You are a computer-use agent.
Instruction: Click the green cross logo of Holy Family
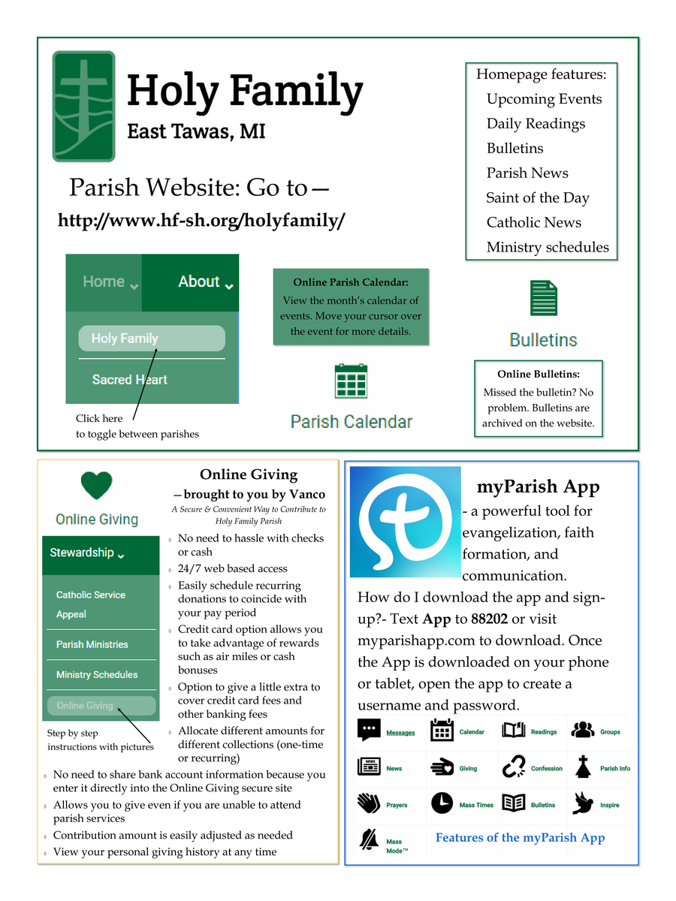pos(83,106)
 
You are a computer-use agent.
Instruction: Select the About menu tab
pos(204,282)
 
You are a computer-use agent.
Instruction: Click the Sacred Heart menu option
pos(130,380)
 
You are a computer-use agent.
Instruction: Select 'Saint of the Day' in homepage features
pos(537,198)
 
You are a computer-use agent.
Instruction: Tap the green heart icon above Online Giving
pos(97,486)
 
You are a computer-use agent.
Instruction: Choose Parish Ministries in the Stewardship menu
pos(92,644)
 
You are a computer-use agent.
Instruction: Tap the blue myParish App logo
pos(406,521)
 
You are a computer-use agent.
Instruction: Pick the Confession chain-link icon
pos(515,767)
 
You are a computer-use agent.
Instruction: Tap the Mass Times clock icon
pos(442,803)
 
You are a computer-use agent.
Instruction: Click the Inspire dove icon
pos(583,803)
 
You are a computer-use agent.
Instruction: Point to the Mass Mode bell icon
pos(370,839)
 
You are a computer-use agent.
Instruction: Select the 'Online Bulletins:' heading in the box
pos(539,374)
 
